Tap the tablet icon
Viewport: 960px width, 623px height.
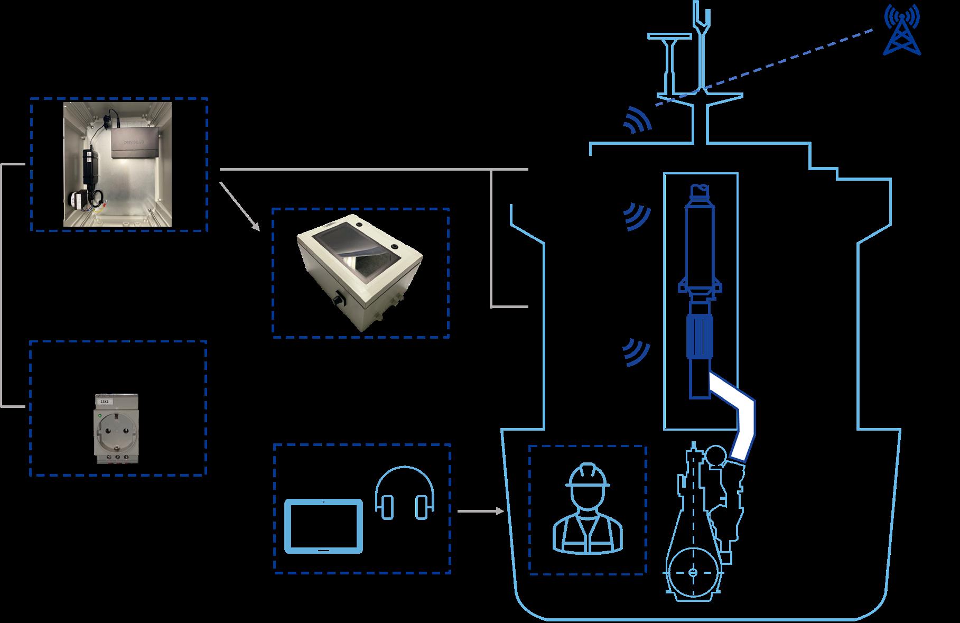tap(324, 526)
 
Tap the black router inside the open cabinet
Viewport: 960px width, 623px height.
tap(136, 142)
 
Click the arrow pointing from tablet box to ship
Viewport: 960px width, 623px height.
tap(480, 512)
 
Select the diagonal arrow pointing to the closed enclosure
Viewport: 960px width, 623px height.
tap(240, 207)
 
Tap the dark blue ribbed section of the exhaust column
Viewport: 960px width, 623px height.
tap(700, 336)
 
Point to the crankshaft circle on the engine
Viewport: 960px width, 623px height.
tap(693, 573)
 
